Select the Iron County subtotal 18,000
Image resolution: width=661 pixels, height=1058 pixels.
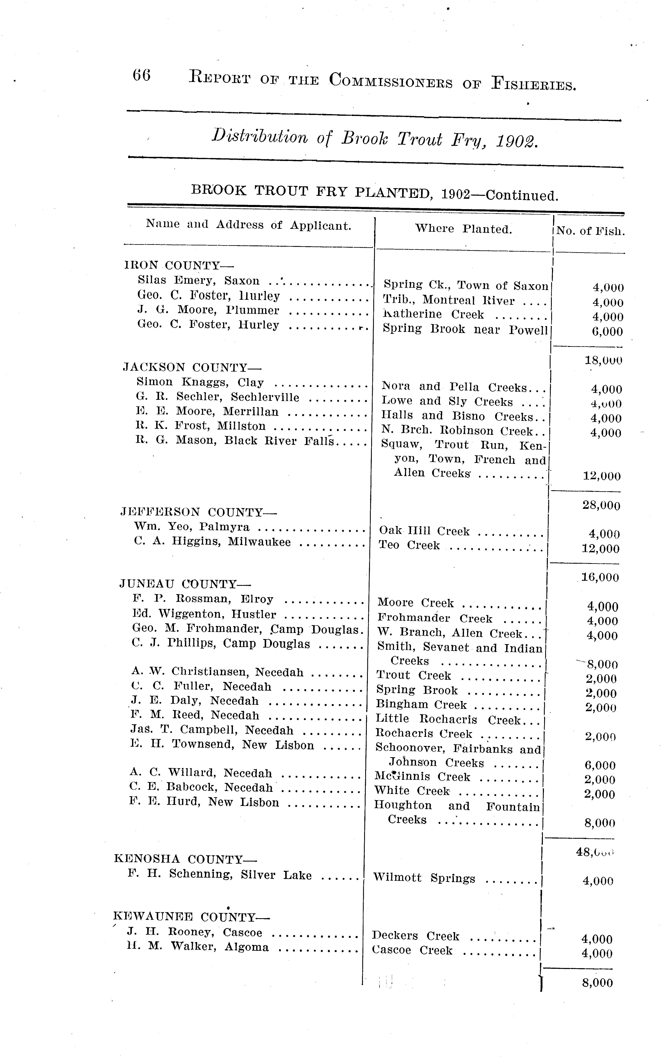click(603, 360)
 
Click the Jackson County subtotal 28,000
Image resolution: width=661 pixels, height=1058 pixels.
click(601, 505)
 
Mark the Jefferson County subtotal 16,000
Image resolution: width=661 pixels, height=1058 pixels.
click(600, 578)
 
